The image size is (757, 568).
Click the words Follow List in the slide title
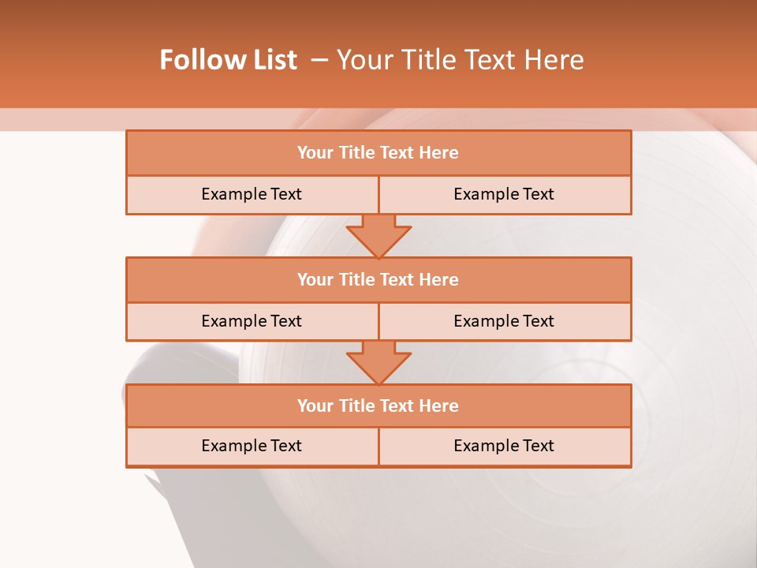click(x=228, y=60)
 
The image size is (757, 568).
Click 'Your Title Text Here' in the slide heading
click(x=460, y=60)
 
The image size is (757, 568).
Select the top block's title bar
click(x=378, y=153)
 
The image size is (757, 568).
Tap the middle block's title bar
click(x=378, y=279)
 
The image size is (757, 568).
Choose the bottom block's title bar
click(x=378, y=405)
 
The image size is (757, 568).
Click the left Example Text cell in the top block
click(x=252, y=194)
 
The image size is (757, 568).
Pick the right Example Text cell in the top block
click(x=504, y=194)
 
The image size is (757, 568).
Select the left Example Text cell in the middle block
click(x=252, y=321)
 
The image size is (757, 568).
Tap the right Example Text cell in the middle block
click(x=504, y=321)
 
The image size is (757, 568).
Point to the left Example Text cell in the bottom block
click(x=252, y=446)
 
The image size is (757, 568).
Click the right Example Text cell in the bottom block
click(x=504, y=446)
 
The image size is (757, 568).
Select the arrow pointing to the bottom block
click(x=378, y=362)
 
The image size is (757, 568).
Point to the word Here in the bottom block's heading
click(x=438, y=405)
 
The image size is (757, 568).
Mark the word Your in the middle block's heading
click(x=315, y=279)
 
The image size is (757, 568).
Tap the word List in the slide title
click(x=270, y=60)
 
